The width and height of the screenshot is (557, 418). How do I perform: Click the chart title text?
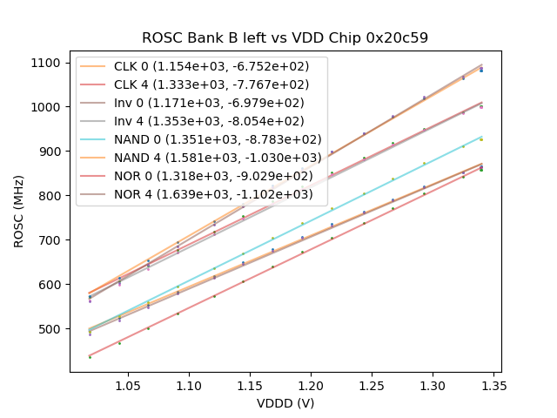click(x=285, y=38)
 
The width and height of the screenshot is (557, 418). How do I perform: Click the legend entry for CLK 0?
click(x=218, y=66)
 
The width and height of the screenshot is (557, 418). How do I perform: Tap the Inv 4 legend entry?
click(x=218, y=121)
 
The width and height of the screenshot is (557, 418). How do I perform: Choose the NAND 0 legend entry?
click(x=218, y=139)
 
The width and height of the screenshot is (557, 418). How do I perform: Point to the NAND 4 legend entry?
click(x=218, y=158)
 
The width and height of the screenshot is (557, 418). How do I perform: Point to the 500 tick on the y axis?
click(x=51, y=329)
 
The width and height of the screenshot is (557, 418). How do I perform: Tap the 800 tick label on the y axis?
click(x=51, y=196)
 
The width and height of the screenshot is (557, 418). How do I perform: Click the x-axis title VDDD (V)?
click(x=285, y=402)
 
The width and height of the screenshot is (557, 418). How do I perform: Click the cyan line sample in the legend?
click(x=94, y=139)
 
